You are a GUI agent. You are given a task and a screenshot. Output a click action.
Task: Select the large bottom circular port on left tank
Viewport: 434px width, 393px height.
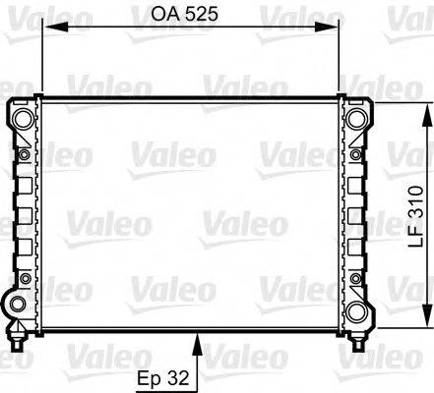point(23,313)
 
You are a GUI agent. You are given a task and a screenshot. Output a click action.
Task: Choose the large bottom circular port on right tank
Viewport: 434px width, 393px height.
point(357,313)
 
